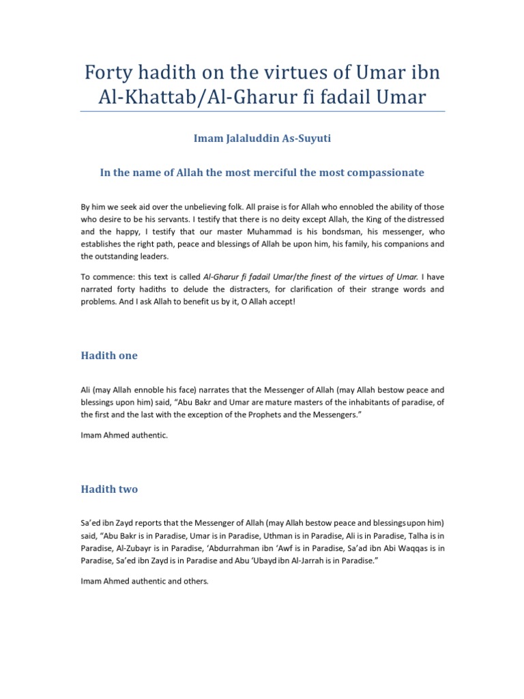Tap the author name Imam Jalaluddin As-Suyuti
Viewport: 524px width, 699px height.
pos(262,139)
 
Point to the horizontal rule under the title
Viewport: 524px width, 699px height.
pos(262,111)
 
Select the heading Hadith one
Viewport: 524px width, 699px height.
pos(109,356)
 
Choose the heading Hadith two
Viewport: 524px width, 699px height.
pos(109,489)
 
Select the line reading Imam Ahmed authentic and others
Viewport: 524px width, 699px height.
pos(144,582)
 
